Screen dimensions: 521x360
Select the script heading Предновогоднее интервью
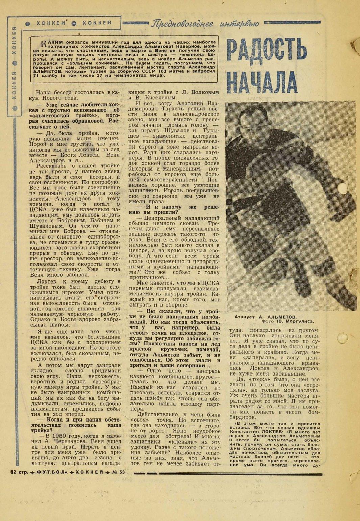[205, 24]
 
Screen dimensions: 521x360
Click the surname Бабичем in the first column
[96, 220]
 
